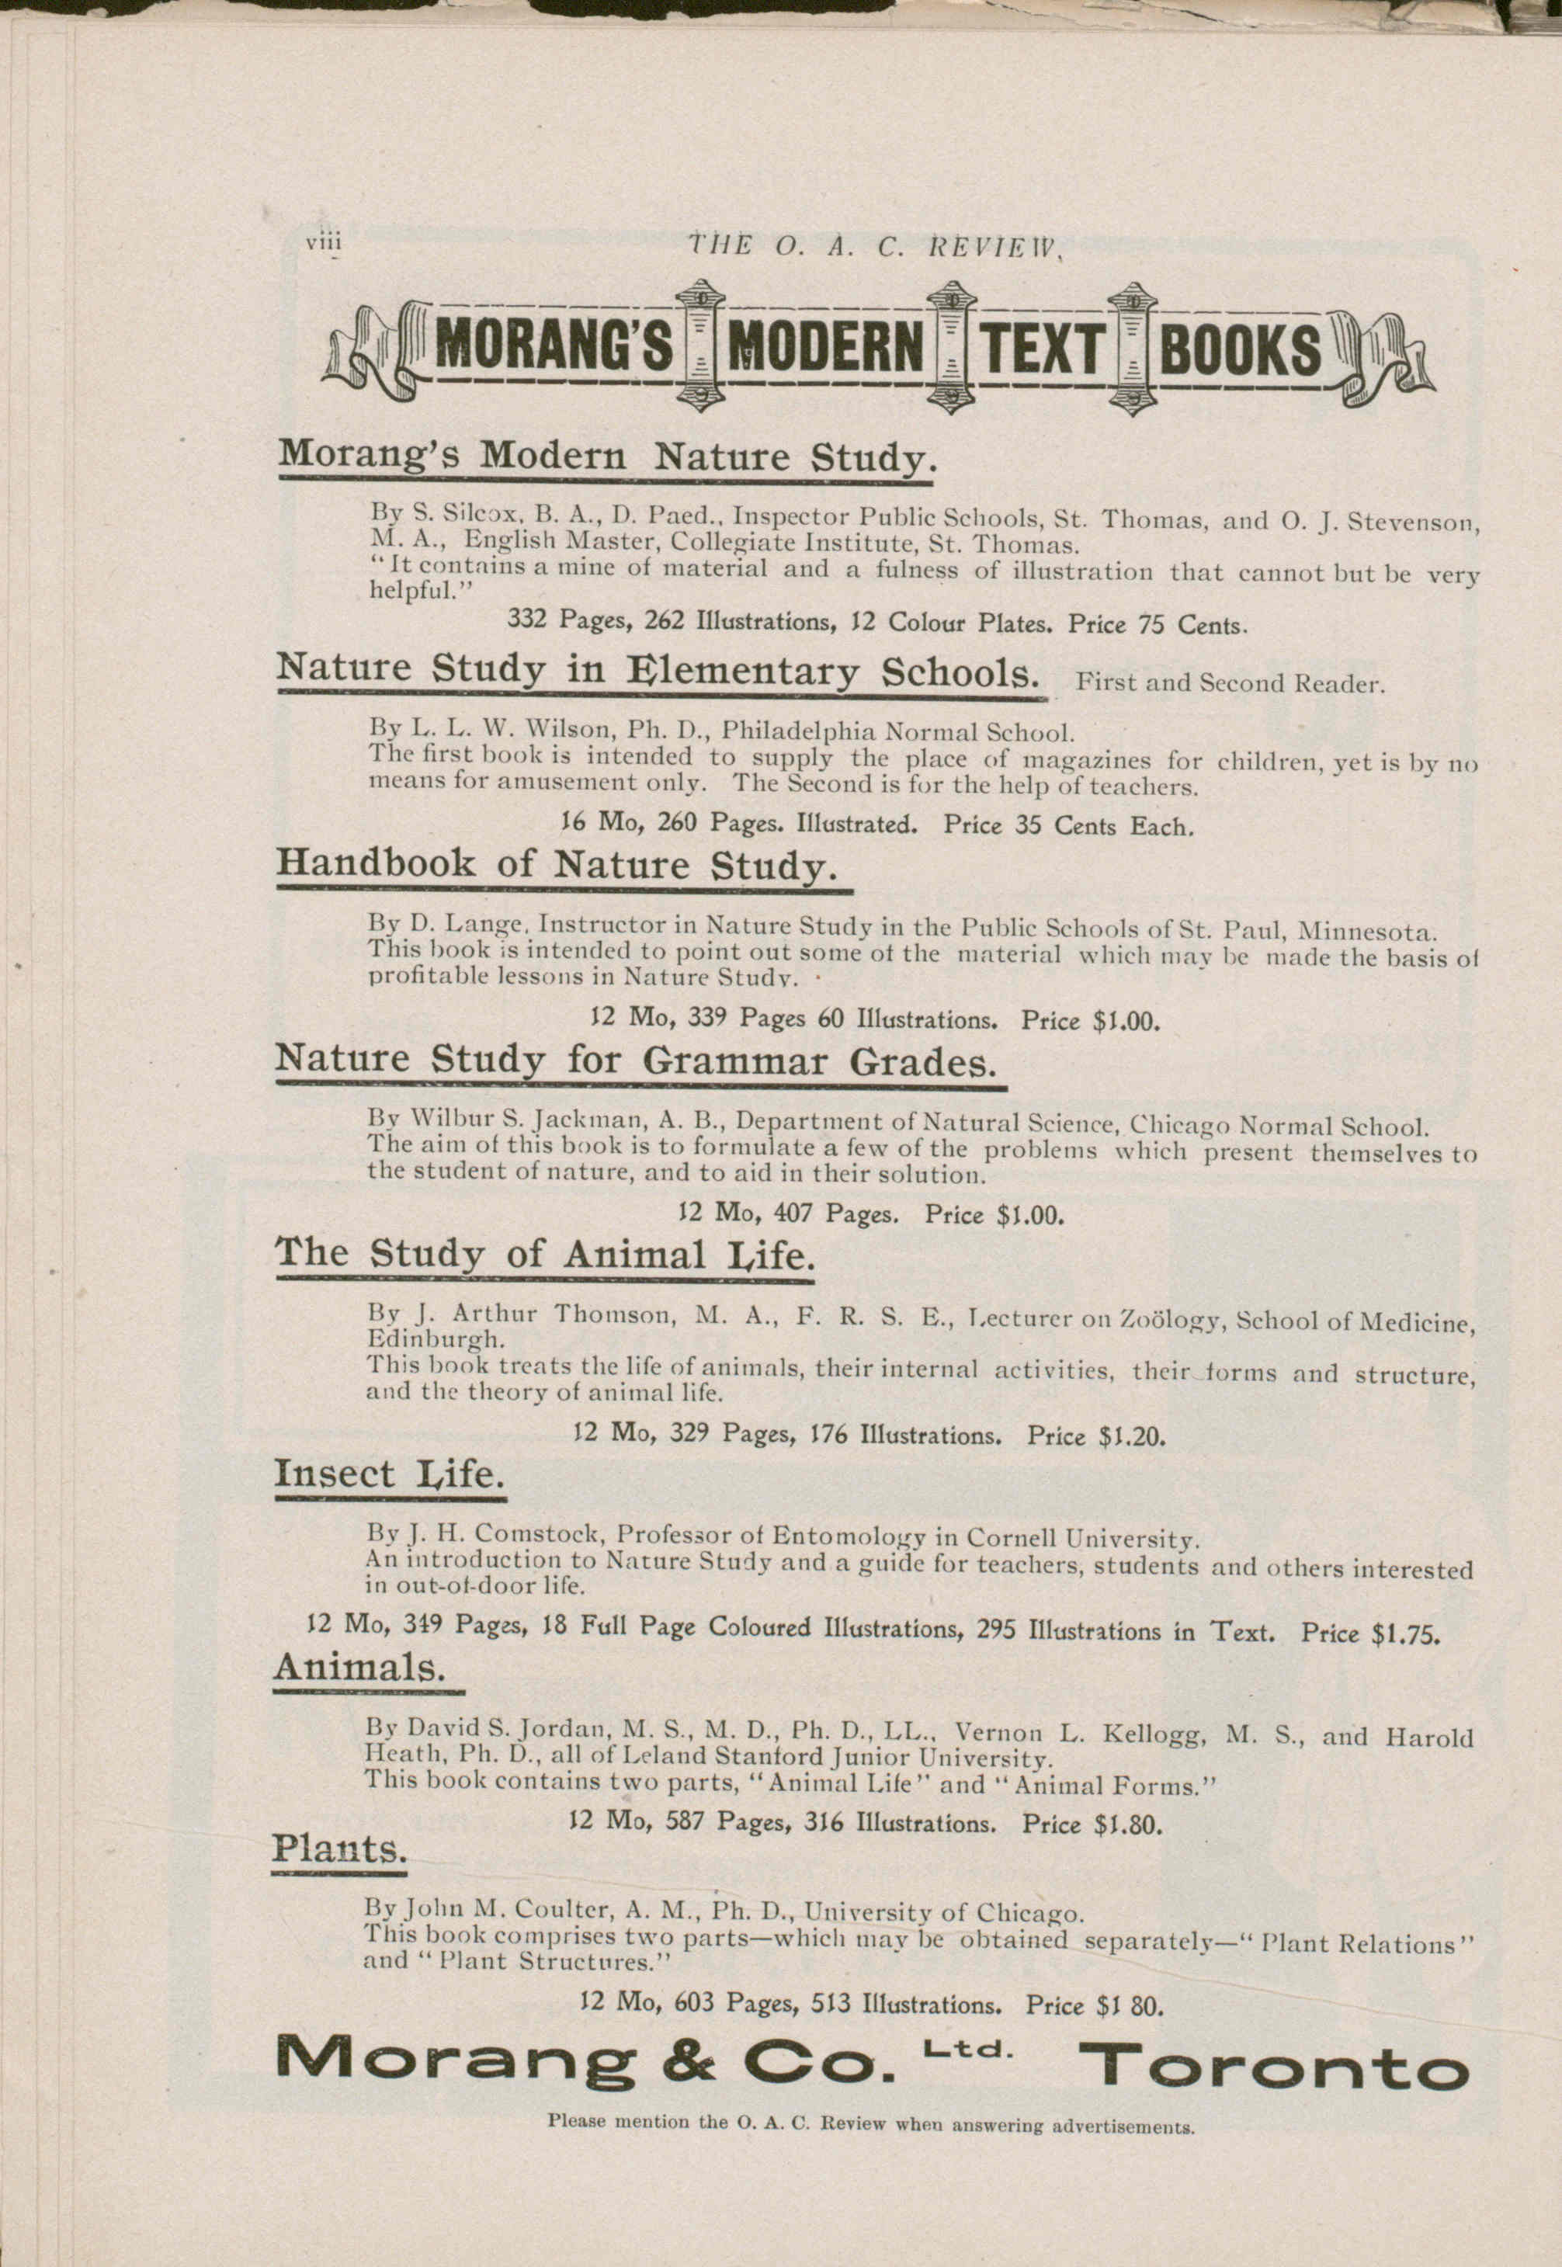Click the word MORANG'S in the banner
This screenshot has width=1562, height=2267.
click(553, 349)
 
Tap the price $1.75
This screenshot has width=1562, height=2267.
click(1407, 1633)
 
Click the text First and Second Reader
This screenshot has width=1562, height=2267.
click(1231, 683)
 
